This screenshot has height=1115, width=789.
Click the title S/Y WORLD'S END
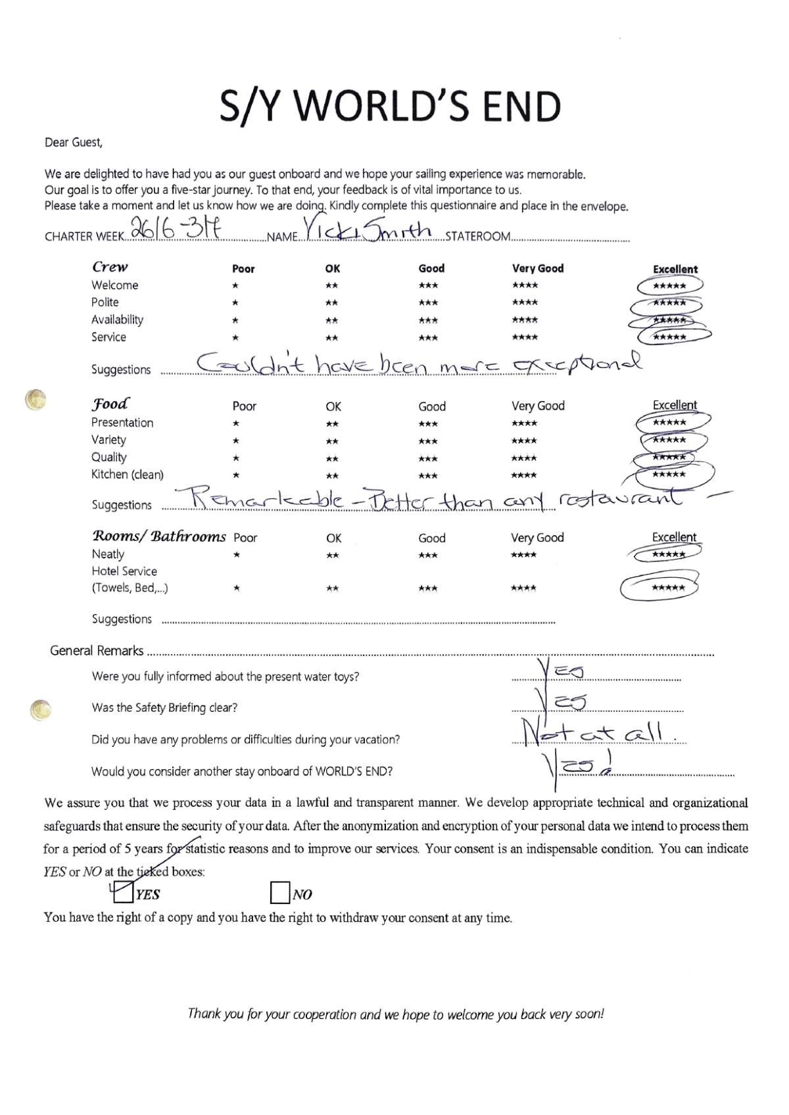391,107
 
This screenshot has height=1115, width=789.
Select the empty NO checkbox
280,893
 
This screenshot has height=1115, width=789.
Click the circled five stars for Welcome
669,286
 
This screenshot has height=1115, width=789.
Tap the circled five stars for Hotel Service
667,588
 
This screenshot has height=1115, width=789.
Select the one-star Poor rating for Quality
236,458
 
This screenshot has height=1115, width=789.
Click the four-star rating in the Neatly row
524,555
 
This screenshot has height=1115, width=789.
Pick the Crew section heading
110,266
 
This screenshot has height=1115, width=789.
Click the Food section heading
110,403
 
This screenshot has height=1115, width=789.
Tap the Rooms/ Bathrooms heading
158,536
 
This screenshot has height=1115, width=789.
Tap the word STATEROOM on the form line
477,237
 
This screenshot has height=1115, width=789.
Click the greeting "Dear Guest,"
73,142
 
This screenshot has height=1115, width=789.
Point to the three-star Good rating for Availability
428,321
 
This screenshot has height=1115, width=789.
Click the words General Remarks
97,651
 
